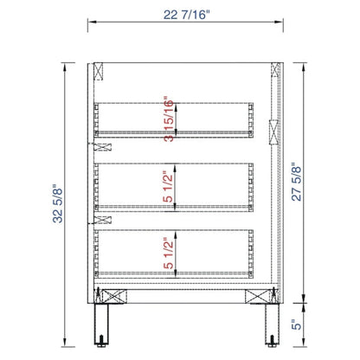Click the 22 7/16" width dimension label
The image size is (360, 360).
[185, 15]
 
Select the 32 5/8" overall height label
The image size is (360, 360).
[58, 203]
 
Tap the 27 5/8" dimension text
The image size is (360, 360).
[296, 182]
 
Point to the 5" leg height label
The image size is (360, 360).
[296, 325]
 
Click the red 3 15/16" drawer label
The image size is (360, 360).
[169, 119]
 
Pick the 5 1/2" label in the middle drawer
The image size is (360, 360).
[169, 186]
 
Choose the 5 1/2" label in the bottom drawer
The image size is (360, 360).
[169, 253]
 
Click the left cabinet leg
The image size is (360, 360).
[101, 324]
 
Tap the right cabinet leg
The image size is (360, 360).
[273, 324]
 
